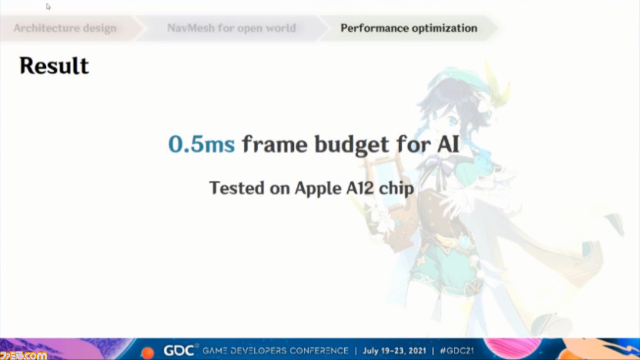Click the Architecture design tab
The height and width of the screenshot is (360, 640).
65,28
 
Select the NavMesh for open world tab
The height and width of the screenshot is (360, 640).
231,28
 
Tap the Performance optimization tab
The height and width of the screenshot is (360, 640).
409,28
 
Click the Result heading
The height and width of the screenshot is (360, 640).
54,66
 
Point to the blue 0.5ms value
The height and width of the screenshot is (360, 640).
202,144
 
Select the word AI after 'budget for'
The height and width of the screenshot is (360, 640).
448,144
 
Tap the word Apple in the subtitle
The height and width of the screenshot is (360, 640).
318,189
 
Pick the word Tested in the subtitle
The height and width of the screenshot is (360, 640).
237,188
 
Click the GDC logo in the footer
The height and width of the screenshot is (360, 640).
179,350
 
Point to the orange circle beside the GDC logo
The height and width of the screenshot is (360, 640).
147,353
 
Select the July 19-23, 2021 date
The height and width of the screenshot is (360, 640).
395,351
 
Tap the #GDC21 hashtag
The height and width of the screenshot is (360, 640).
457,351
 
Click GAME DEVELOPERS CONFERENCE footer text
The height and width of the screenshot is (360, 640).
276,351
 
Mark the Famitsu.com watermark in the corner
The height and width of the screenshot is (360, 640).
23,355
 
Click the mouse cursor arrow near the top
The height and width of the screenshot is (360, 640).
48,7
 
